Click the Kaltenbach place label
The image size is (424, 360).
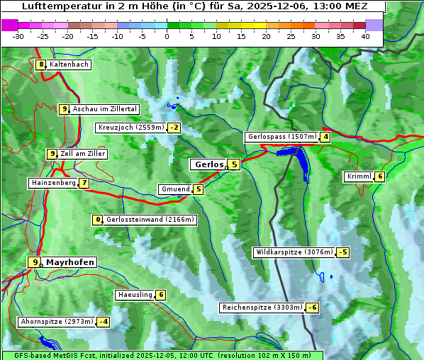pos(69,64)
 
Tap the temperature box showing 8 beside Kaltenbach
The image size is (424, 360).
pos(41,64)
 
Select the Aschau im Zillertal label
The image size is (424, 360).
pos(104,109)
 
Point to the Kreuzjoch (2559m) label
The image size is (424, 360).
pos(130,128)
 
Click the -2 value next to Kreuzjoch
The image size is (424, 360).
pos(174,128)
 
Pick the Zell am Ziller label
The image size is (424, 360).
pos(82,154)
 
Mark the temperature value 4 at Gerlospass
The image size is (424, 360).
pos(325,137)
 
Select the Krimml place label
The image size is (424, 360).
pos(359,176)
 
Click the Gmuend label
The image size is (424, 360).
pos(175,189)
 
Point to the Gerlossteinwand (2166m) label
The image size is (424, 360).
pos(150,220)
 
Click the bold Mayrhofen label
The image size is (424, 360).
pos(69,262)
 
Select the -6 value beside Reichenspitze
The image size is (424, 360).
pos(312,308)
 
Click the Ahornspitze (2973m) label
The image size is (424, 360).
pos(57,322)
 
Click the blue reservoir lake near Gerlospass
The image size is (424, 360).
pos(301,162)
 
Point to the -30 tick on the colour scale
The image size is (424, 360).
pos(18,35)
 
